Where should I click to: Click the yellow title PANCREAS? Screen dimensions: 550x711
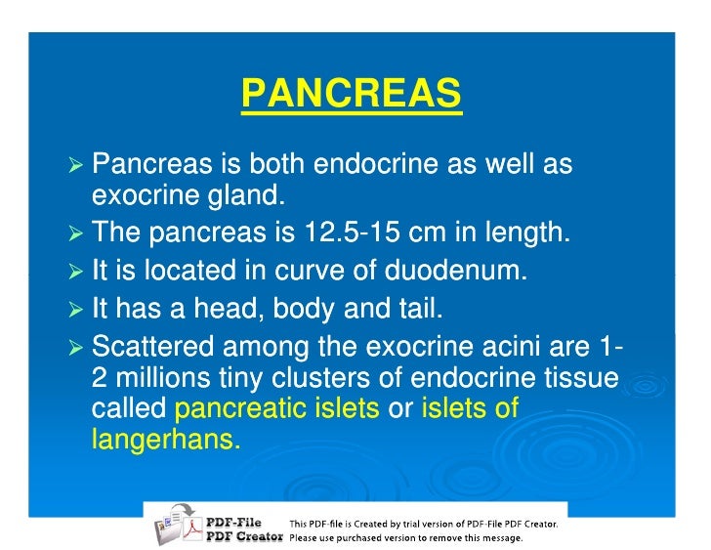click(351, 95)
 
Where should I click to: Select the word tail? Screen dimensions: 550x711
click(417, 310)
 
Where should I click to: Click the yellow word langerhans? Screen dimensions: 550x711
click(165, 440)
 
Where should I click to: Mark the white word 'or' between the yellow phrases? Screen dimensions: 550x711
click(400, 408)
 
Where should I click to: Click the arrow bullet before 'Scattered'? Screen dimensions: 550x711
click(78, 347)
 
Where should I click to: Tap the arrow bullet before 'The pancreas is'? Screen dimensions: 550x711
click(78, 233)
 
